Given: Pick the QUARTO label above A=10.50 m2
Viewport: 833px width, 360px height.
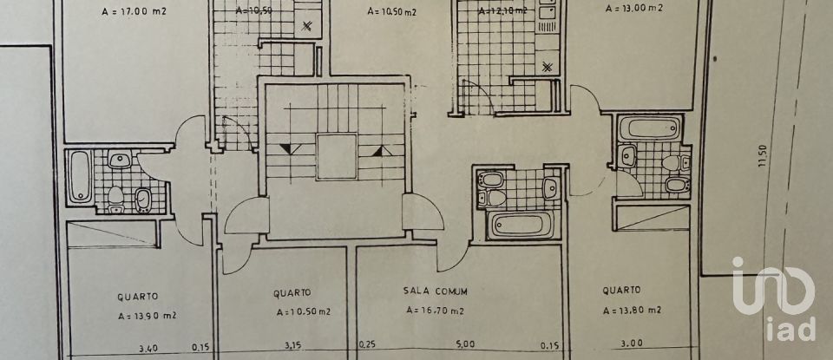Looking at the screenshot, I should coord(292,292).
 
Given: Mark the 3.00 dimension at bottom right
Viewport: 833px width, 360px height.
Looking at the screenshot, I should coord(628,346).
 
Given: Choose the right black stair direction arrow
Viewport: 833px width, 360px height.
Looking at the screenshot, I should coord(378,151).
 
